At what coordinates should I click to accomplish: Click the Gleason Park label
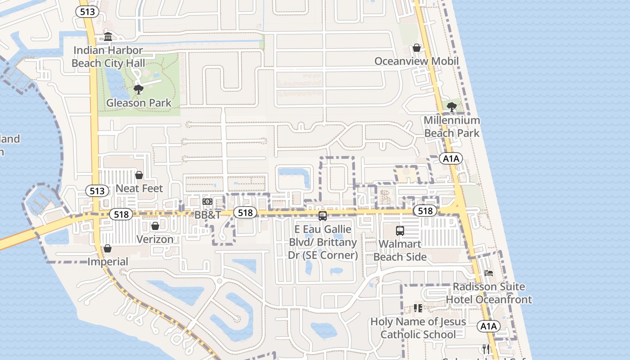[x=139, y=103]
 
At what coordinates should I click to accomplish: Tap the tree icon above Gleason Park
[x=139, y=89]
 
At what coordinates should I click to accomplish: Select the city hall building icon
[x=108, y=36]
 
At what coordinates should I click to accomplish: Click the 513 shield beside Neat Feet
[x=97, y=191]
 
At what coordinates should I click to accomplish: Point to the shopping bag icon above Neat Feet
[x=139, y=175]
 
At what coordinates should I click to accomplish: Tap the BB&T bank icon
[x=207, y=202]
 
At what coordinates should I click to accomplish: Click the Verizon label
[x=155, y=239]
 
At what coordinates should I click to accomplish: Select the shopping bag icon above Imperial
[x=108, y=248]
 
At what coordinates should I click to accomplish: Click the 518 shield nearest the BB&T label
[x=245, y=212]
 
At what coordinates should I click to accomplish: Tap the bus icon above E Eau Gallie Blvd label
[x=323, y=216]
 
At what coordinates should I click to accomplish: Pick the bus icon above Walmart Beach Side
[x=400, y=231]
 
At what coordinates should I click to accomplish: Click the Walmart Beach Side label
[x=400, y=251]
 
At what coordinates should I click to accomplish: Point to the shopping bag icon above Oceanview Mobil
[x=417, y=48]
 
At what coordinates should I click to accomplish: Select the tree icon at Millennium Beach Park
[x=452, y=107]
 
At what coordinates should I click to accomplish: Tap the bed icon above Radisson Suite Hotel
[x=489, y=273]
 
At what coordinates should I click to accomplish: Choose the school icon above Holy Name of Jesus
[x=418, y=308]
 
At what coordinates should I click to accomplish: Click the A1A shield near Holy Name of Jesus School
[x=489, y=326]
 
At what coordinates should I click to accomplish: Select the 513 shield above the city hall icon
[x=87, y=12]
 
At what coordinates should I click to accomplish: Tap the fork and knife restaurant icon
[x=486, y=349]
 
